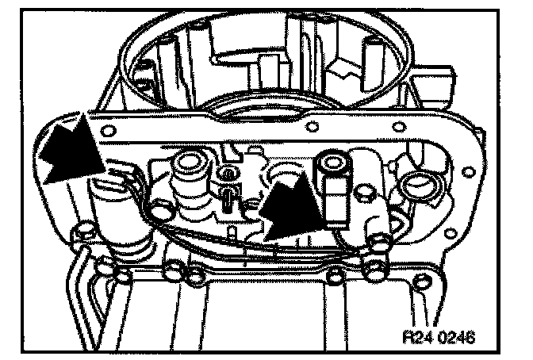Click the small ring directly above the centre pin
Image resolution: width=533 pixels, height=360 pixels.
coord(228,173)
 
